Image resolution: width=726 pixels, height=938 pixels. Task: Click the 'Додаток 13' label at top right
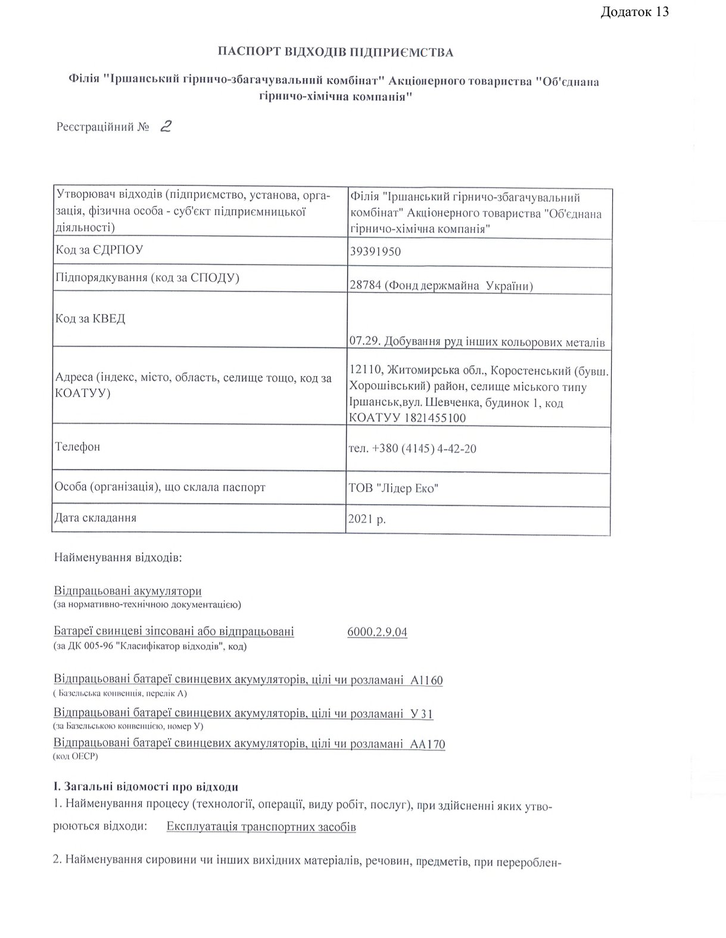click(634, 12)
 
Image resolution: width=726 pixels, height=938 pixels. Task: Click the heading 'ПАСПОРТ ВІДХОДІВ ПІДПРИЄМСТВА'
click(336, 52)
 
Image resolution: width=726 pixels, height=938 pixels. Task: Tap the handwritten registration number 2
click(166, 126)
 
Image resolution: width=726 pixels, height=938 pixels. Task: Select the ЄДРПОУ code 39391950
click(375, 251)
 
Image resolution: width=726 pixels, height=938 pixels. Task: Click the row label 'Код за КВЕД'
click(91, 319)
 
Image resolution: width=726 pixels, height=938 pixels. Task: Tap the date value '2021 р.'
click(367, 519)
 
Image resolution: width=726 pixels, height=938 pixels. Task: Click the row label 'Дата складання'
click(95, 517)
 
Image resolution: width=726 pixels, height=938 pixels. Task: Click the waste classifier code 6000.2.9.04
click(377, 632)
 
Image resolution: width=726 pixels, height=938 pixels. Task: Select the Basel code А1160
click(427, 680)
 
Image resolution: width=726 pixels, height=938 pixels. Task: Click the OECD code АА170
click(428, 744)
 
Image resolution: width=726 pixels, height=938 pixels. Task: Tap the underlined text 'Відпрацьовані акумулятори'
click(127, 591)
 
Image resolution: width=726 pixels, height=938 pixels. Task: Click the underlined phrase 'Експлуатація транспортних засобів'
click(261, 827)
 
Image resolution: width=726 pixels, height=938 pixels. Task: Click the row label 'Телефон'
click(77, 446)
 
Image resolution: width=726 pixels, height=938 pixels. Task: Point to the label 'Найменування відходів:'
click(118, 558)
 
